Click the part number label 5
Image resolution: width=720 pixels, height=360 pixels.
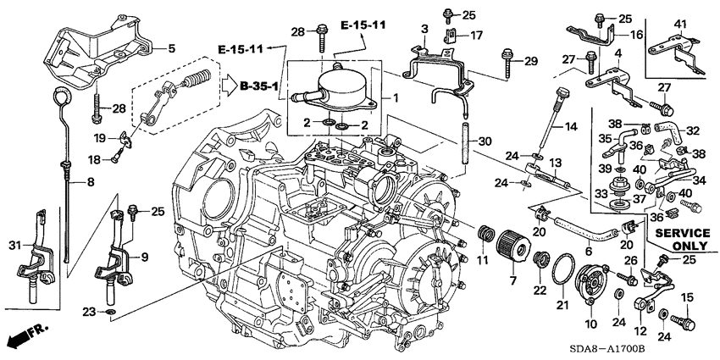click(x=171, y=49)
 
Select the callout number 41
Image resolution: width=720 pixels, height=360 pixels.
click(x=681, y=23)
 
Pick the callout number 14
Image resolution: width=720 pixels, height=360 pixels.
click(x=572, y=127)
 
